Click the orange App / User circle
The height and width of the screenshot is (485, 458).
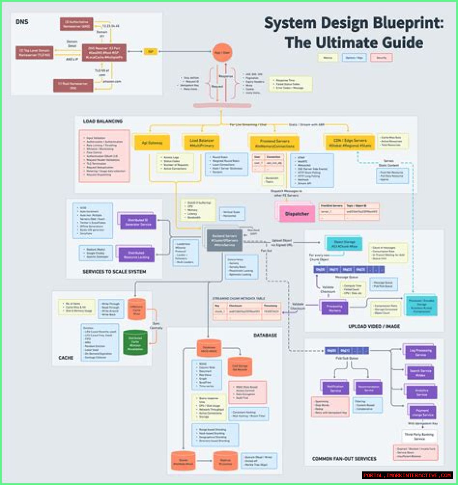point(222,52)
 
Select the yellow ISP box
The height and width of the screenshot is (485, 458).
point(150,51)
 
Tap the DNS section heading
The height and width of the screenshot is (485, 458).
point(22,22)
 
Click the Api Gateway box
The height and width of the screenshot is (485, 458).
point(152,142)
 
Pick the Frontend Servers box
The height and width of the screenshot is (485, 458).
point(274,143)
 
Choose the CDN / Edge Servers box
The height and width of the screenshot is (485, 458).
point(350,142)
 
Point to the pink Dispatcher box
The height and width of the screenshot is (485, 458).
point(297,214)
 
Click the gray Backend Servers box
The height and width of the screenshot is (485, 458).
point(224,240)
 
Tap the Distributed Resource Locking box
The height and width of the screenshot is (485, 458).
point(136,255)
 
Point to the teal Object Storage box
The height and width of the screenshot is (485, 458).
point(344,244)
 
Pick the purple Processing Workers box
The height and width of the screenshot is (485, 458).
point(334,308)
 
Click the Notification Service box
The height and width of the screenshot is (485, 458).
point(335,388)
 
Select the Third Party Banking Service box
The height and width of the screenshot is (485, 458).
point(419,436)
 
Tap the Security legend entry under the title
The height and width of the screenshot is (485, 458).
point(381,57)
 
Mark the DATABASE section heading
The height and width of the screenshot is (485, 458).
point(265,335)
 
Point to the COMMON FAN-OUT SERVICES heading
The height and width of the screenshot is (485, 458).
point(344,459)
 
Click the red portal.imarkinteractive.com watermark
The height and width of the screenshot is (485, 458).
point(407,475)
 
